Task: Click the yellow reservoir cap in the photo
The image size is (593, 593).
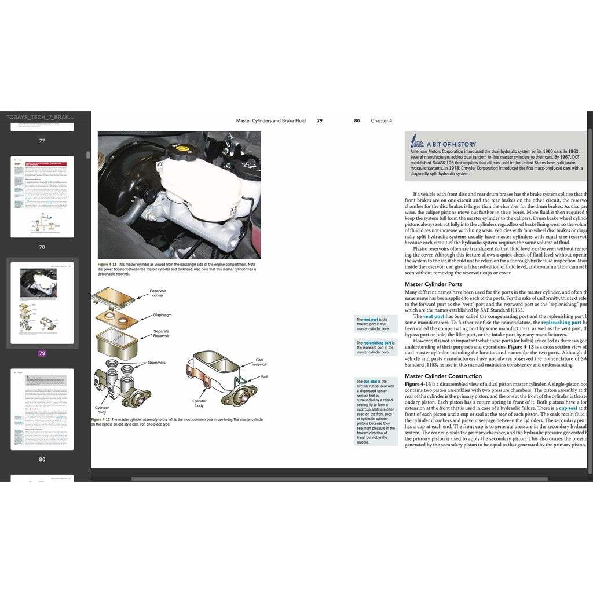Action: (181, 153)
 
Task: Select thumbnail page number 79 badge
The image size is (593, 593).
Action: (42, 353)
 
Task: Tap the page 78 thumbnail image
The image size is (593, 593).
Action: (42, 196)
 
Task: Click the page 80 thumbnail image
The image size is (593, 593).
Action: (42, 409)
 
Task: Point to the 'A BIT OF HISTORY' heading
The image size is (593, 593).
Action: (451, 144)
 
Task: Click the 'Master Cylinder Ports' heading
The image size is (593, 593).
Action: (433, 284)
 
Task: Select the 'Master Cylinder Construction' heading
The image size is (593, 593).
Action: (443, 376)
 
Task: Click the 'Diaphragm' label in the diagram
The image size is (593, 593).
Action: (163, 316)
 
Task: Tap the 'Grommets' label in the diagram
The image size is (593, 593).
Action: (156, 363)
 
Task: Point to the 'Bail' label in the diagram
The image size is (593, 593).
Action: (264, 376)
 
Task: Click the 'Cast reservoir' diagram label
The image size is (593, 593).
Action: (261, 363)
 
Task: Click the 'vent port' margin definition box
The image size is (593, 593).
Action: (376, 324)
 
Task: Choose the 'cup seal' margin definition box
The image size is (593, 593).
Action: (376, 411)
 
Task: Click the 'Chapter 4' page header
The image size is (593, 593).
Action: (381, 121)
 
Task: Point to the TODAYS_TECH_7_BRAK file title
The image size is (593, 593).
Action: (41, 117)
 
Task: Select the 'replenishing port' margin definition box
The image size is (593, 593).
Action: (376, 347)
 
